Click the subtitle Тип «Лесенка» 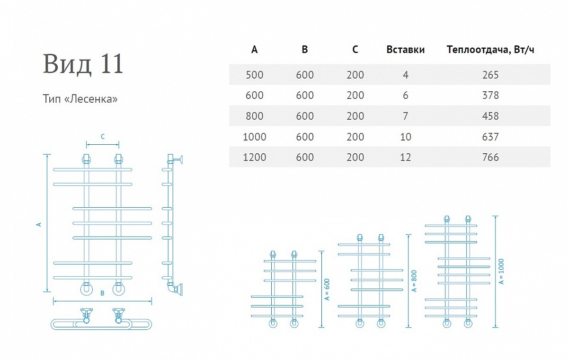tap(80, 99)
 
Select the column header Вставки tap(406, 50)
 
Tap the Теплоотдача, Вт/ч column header tap(490, 50)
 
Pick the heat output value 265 tap(490, 75)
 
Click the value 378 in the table tap(490, 96)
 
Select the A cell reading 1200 tap(254, 158)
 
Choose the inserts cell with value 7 tap(406, 116)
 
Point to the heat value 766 tap(490, 158)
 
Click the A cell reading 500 tap(254, 75)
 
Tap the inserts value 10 tap(406, 137)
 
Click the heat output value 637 tap(490, 137)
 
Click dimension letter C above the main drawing tap(103, 137)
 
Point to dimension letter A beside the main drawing tap(39, 224)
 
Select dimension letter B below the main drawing tap(102, 293)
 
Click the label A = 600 tap(327, 290)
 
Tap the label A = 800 tap(414, 281)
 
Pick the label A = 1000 tap(501, 272)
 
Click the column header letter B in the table tap(305, 49)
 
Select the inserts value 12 tap(406, 158)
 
